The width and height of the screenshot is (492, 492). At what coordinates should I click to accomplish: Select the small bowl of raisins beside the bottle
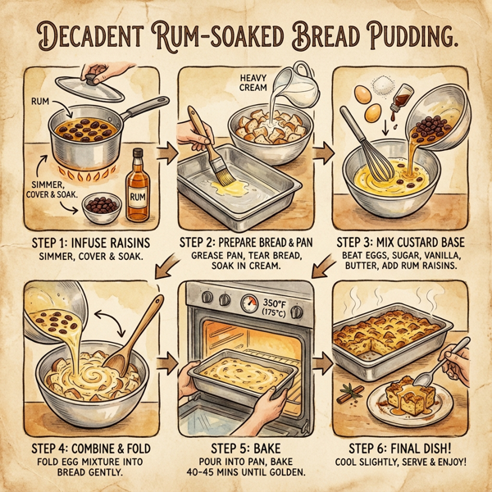click(x=102, y=205)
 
